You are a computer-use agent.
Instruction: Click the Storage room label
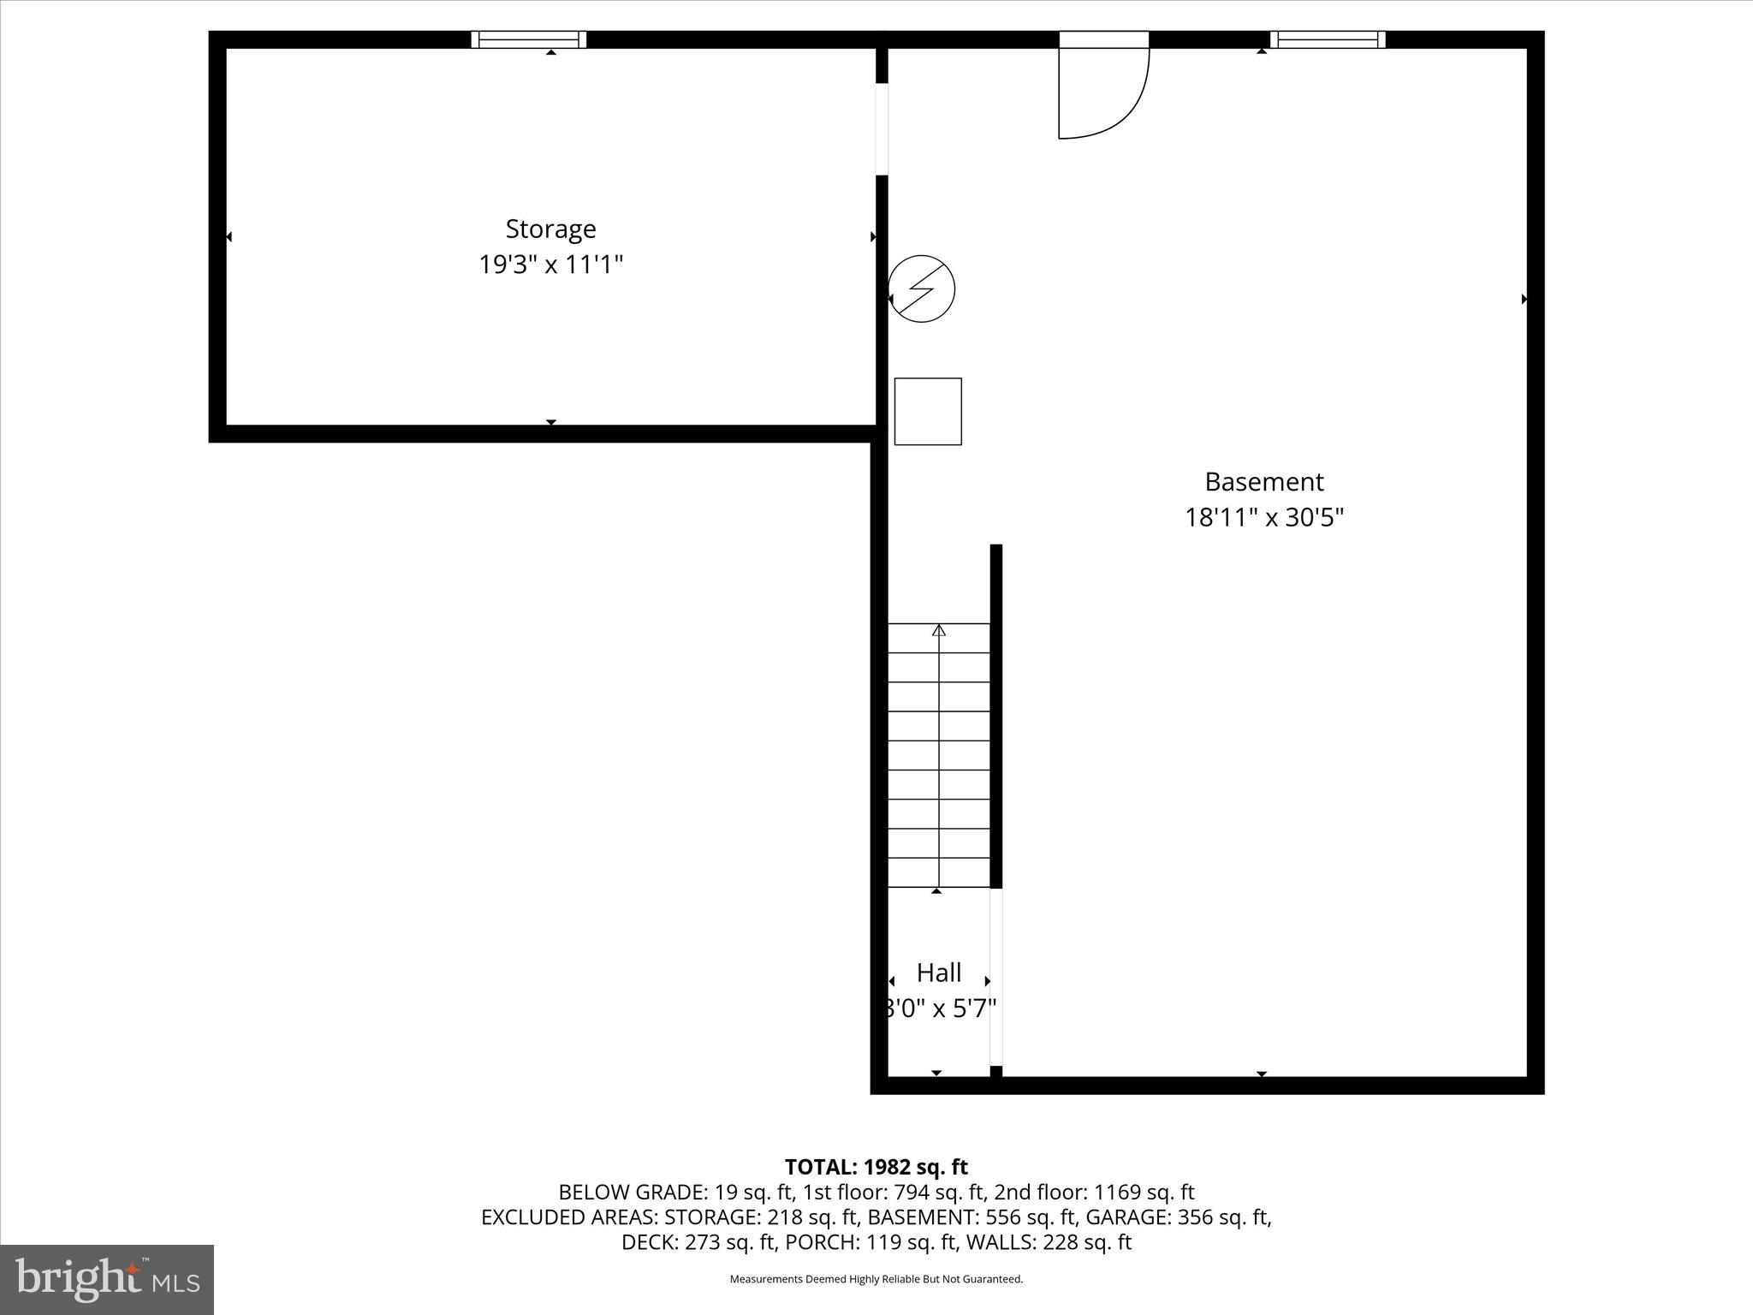click(x=550, y=229)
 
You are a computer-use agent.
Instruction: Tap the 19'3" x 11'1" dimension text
click(x=550, y=265)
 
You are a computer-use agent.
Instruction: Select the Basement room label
click(x=1263, y=482)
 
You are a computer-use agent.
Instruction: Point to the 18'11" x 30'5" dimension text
click(x=1263, y=518)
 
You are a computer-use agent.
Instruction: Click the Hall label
click(x=939, y=973)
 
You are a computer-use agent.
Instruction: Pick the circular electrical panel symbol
click(x=922, y=289)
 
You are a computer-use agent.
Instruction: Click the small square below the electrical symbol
click(x=928, y=411)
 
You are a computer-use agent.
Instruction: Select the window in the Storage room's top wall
click(x=529, y=39)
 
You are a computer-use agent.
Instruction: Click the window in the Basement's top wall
click(x=1328, y=39)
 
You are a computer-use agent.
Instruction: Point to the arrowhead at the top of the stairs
click(x=939, y=631)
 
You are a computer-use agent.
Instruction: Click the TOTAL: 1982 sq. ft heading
click(x=876, y=1167)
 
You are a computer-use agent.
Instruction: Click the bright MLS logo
click(x=107, y=1279)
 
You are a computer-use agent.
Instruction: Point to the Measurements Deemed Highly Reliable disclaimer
click(x=876, y=1279)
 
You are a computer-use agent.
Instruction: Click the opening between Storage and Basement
click(x=882, y=129)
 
